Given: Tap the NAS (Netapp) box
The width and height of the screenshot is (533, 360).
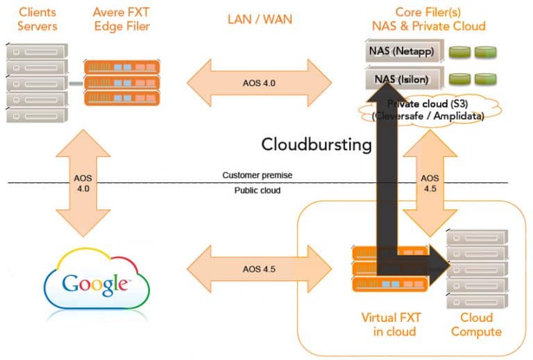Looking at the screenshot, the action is coord(405,51).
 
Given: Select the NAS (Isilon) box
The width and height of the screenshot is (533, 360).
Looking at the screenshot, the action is coord(405,78).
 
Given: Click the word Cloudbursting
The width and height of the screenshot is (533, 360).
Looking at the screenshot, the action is coord(316,145).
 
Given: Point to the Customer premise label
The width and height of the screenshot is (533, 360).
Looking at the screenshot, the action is coord(257,175).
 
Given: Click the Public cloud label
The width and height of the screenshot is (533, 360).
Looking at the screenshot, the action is coord(257,190).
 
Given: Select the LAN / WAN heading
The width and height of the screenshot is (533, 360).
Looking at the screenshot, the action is coord(260,19).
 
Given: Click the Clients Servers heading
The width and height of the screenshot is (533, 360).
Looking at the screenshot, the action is coord(37,19).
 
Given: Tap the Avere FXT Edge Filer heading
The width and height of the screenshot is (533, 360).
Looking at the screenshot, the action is coord(121,19).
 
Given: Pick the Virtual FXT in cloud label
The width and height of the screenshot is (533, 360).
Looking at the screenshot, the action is coord(391,325).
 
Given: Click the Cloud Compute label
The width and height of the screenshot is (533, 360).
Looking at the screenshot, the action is coord(476,325).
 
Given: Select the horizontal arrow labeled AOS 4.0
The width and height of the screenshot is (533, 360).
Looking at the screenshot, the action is coord(259,83).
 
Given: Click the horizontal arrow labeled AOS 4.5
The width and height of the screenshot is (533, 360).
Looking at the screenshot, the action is coord(259,269).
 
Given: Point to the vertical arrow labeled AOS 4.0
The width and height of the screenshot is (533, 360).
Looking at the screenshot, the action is coord(83,183).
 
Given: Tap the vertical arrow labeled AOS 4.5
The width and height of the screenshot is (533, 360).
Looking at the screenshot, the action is coord(430,183).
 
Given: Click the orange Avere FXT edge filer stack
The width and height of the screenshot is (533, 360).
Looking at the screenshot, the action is coord(121,83).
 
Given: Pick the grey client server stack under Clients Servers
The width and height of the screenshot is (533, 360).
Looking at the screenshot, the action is coord(37,83).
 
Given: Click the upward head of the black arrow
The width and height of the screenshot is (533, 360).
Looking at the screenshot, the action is coord(387,92).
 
